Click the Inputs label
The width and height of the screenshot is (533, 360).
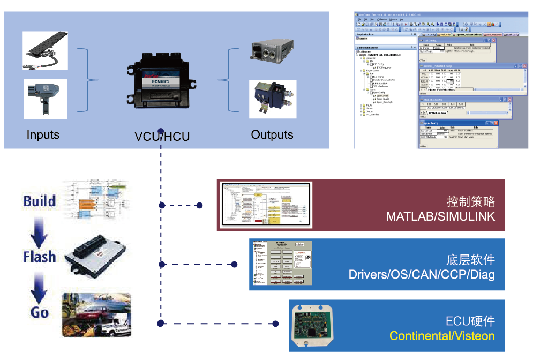[43, 134]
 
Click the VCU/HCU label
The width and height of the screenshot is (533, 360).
[162, 136]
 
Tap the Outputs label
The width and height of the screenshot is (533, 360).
[272, 134]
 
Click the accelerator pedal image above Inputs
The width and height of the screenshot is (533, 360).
[45, 51]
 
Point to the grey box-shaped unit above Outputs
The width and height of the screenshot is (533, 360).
[271, 52]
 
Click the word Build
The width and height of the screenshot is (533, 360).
[40, 201]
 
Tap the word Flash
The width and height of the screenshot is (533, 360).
[40, 257]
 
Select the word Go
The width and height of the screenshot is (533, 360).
[40, 312]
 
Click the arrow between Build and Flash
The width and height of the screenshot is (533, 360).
[40, 229]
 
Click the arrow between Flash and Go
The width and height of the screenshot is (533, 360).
[40, 284]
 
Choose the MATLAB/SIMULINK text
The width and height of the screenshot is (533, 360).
[440, 217]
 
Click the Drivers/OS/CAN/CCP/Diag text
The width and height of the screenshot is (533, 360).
[422, 275]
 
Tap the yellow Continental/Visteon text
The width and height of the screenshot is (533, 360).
[442, 336]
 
